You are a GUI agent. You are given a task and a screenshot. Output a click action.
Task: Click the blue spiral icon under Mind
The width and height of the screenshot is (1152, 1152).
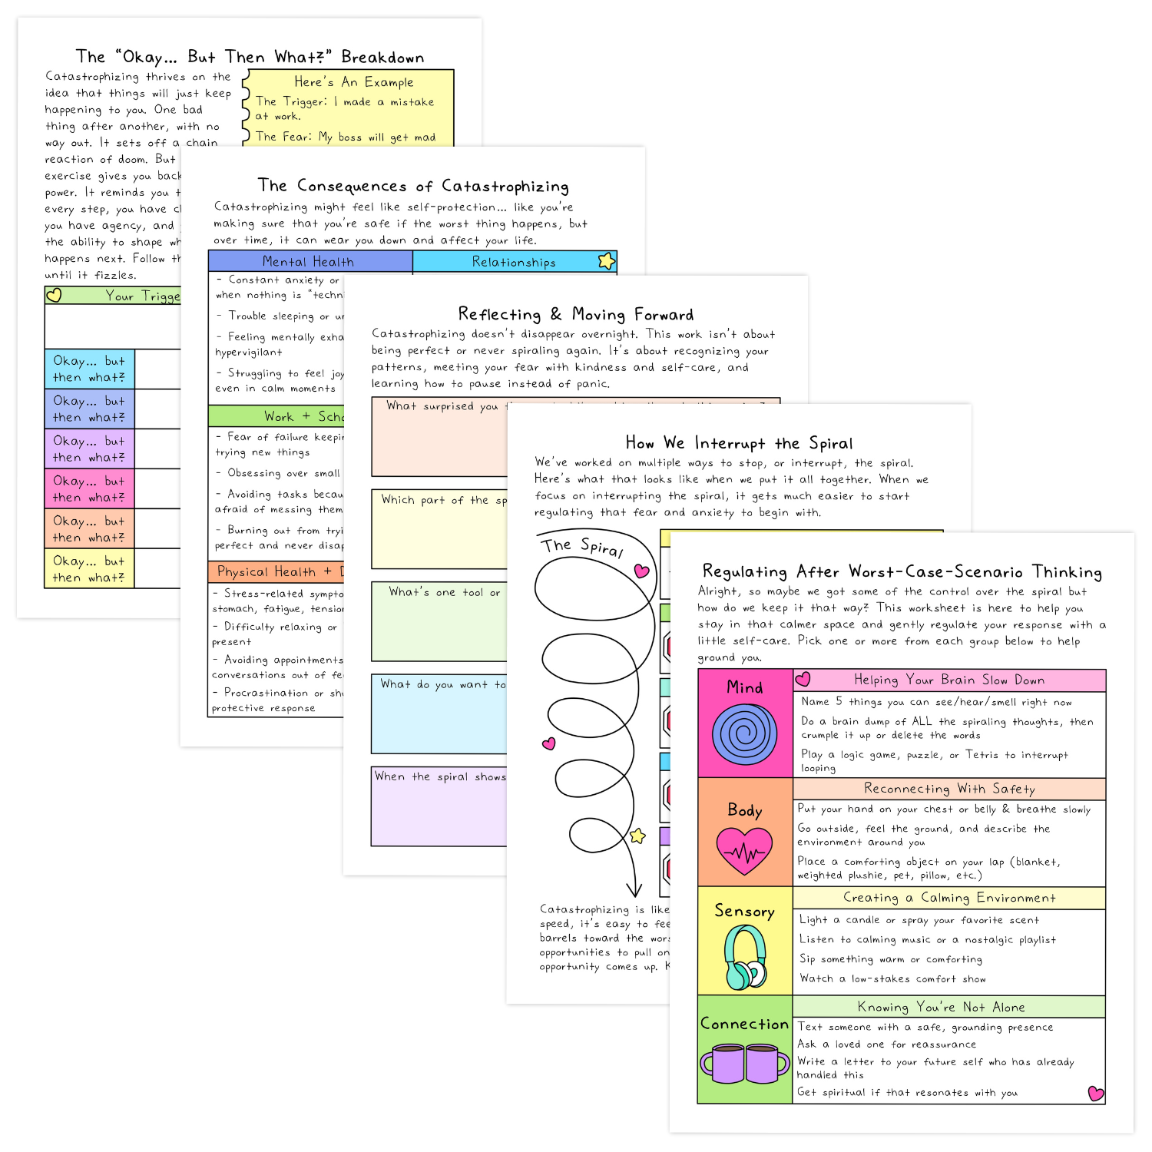(x=744, y=734)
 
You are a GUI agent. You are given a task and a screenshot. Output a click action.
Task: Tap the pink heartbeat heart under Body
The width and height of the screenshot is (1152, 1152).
(x=744, y=851)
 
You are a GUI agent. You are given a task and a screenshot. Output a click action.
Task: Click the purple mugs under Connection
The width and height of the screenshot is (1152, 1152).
(x=744, y=1063)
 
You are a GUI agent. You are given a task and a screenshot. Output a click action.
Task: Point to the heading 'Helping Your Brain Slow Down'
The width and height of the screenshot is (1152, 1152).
(x=949, y=680)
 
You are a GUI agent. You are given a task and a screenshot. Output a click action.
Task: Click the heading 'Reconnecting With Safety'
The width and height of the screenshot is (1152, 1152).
(x=949, y=789)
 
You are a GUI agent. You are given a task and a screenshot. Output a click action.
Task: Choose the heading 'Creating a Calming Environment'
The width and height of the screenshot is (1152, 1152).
(x=949, y=898)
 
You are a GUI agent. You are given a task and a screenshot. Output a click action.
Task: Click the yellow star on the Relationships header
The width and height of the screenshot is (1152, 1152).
(x=607, y=261)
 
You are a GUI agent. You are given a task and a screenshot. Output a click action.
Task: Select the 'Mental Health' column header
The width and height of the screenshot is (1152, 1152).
(x=309, y=261)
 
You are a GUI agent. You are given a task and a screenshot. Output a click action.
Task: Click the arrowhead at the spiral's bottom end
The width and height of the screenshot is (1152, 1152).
(x=634, y=890)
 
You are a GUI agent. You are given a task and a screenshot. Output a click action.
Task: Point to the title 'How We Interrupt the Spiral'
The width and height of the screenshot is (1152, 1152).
(x=739, y=443)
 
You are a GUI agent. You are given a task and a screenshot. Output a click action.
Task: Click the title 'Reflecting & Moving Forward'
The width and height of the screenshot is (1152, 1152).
(x=575, y=314)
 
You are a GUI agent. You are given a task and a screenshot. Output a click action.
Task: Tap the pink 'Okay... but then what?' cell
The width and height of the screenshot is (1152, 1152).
(x=89, y=488)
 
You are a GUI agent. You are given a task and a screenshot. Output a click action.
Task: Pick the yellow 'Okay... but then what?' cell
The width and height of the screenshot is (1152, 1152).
(x=89, y=568)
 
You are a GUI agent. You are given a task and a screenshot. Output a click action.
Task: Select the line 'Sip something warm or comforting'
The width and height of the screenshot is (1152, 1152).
(x=891, y=959)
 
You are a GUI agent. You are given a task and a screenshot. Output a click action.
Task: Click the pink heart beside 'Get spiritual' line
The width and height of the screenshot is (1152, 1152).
(x=1096, y=1093)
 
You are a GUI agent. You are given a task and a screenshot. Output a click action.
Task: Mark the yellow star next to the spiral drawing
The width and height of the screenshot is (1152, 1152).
(x=637, y=836)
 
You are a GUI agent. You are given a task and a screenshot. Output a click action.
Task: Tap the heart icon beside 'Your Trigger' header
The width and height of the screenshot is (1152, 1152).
(x=54, y=295)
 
